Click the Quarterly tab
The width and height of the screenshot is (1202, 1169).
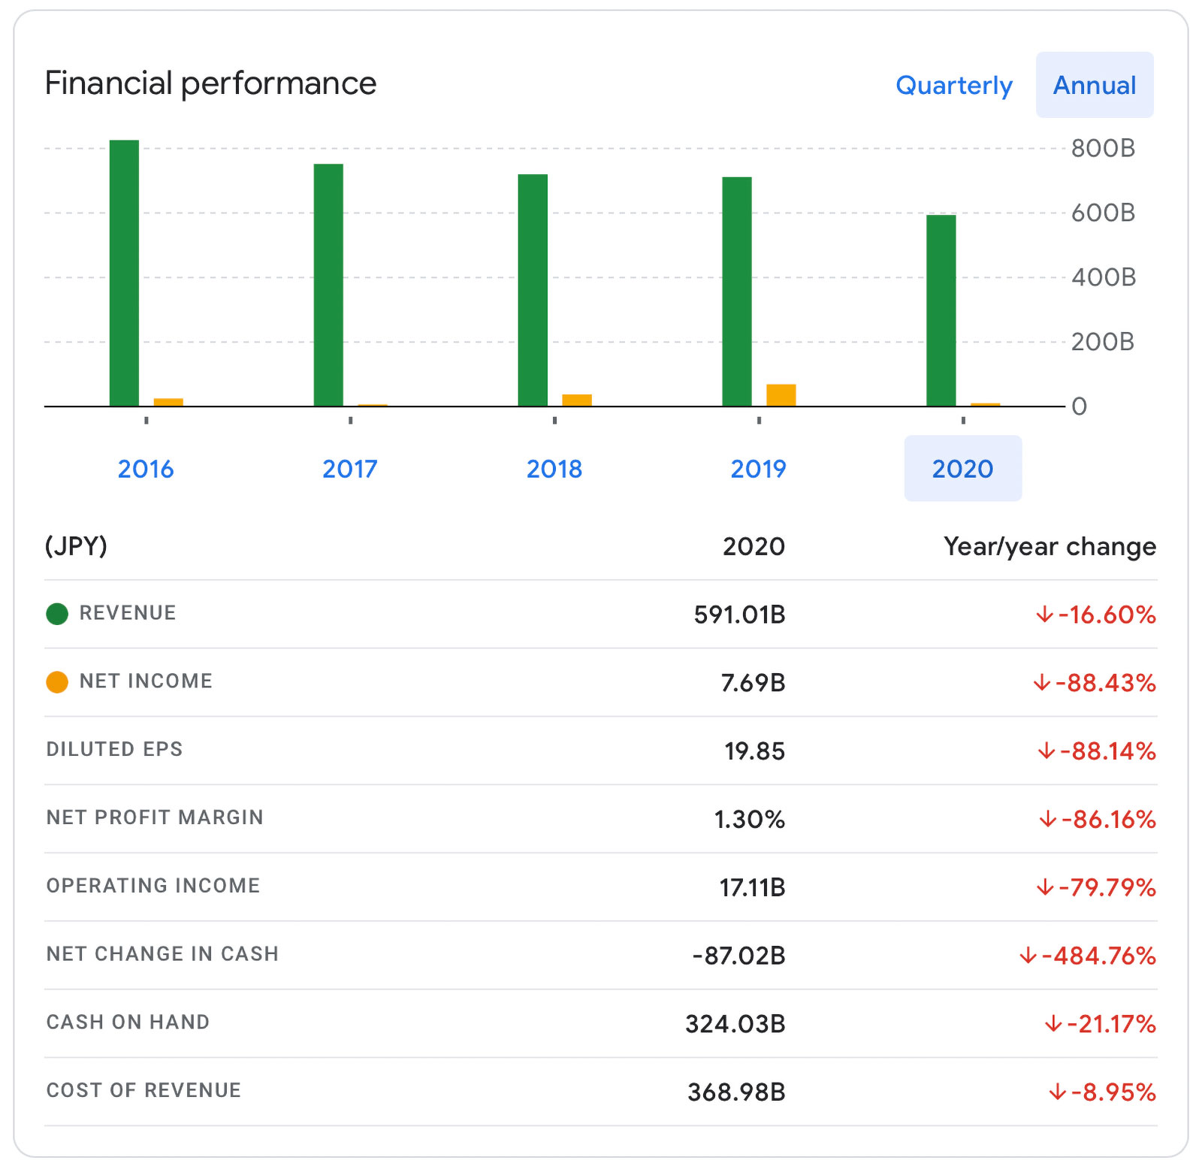[953, 86]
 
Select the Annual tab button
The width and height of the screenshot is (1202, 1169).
[1094, 86]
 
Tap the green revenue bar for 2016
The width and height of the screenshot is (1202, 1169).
[124, 273]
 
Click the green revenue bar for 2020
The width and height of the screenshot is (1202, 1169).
[941, 311]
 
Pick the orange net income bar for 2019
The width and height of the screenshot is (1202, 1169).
[781, 395]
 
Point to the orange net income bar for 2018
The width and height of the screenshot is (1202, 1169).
[576, 400]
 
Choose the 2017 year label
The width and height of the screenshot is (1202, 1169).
[350, 469]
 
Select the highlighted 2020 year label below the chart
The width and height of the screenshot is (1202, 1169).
[962, 469]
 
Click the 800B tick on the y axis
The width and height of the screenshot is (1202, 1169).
[1102, 148]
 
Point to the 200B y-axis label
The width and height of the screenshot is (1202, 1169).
[1102, 342]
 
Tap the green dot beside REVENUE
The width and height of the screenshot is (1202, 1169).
[57, 614]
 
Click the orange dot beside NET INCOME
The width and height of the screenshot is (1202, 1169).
[57, 682]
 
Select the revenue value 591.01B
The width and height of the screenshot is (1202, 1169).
[739, 615]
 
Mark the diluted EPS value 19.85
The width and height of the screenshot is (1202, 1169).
[754, 751]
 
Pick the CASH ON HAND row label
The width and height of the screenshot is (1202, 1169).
[128, 1022]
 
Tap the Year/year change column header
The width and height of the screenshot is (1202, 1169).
[1049, 546]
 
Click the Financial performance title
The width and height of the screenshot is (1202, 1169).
[210, 83]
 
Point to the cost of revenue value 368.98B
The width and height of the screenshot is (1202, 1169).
[736, 1092]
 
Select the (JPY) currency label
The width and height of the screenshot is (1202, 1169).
[76, 545]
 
